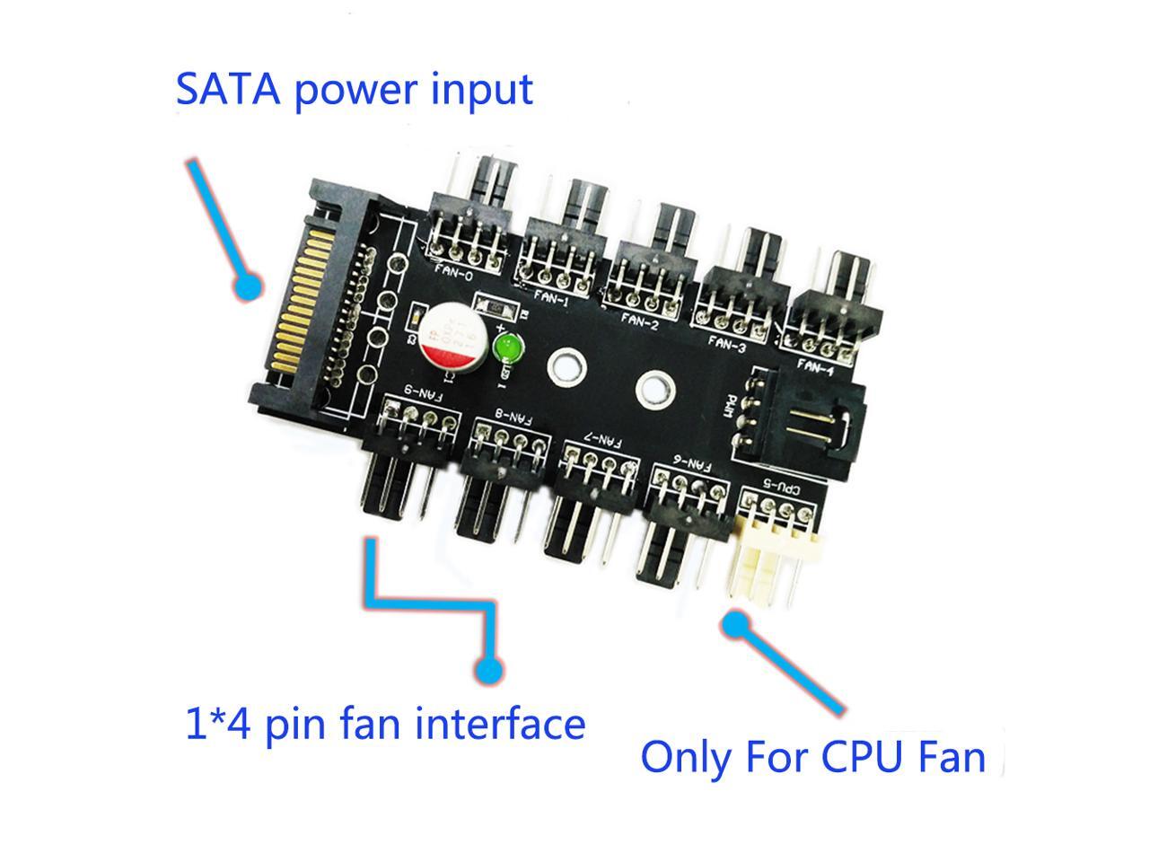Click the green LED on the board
[509, 347]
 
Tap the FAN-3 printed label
[728, 341]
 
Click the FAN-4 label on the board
[815, 365]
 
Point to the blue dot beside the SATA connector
[247, 286]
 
